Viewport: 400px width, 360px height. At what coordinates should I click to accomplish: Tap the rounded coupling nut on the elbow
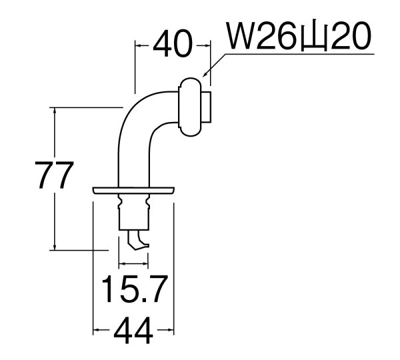pyautogui.click(x=191, y=107)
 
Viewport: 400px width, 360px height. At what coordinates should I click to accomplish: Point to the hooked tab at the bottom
pyautogui.click(x=139, y=241)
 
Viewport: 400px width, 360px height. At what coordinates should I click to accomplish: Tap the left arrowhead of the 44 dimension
pyautogui.click(x=95, y=329)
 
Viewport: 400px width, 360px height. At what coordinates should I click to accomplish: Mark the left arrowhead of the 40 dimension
pyautogui.click(x=139, y=46)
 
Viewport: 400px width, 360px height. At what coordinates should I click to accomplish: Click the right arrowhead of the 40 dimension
pyautogui.click(x=207, y=46)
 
